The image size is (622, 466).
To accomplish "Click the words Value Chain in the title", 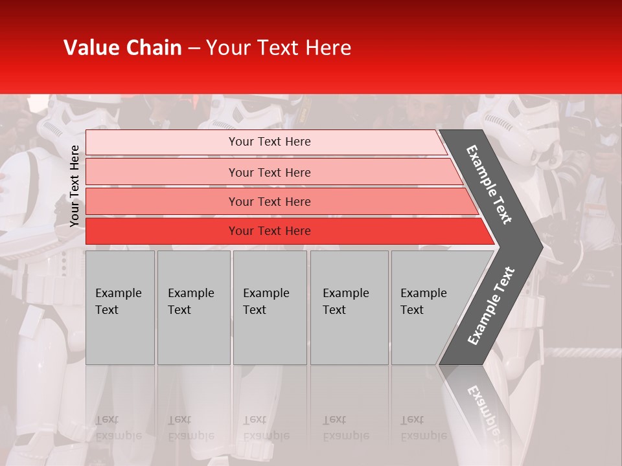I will (x=122, y=48).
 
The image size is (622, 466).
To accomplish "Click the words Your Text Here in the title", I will (x=279, y=48).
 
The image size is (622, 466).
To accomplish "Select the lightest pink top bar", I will (x=162, y=142).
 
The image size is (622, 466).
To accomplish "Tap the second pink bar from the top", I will (x=162, y=172).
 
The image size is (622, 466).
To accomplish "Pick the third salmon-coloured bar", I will (x=162, y=201).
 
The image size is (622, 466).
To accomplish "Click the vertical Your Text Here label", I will (x=75, y=186).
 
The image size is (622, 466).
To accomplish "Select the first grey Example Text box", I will (x=120, y=307).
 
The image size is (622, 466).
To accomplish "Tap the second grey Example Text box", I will (x=194, y=307).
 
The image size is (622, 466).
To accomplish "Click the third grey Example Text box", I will (x=270, y=307).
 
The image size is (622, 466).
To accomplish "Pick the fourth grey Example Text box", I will (x=349, y=307).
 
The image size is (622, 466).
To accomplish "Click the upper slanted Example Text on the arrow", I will (x=489, y=184).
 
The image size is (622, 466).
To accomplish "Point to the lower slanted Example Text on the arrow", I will (x=490, y=306).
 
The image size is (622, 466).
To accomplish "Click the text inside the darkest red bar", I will (x=270, y=231).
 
